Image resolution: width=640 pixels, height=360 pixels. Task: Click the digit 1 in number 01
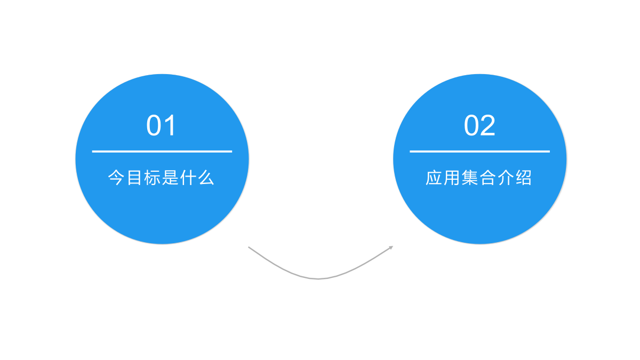pos(170,125)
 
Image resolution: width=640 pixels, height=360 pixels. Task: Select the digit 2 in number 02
pos(487,125)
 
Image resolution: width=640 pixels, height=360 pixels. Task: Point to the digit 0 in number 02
pos(471,125)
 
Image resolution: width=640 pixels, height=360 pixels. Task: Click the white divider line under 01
pos(162,151)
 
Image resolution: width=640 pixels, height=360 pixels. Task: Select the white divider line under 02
pos(479,151)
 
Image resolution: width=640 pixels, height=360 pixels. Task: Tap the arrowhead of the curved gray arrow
pos(391,247)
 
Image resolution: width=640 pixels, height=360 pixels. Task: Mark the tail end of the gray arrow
pos(249,247)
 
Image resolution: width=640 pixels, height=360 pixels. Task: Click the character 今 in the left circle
pos(116,178)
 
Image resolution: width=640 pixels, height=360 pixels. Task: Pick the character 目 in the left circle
pos(134,178)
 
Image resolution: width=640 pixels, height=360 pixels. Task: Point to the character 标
pos(151,178)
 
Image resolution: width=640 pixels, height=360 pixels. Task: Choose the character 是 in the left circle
pos(170,178)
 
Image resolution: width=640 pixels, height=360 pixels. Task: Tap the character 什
pos(188,178)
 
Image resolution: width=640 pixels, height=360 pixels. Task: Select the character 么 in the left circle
pos(206,178)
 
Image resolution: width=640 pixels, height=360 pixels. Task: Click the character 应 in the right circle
pos(434,178)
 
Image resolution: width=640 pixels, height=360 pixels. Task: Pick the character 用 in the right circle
pos(451,178)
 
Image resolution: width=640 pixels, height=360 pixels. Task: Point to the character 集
pos(470,178)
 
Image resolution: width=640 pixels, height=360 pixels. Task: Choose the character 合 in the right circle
pos(487,178)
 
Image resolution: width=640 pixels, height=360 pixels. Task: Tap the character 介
pos(506,178)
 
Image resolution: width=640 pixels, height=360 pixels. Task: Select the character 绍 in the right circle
pos(524,178)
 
